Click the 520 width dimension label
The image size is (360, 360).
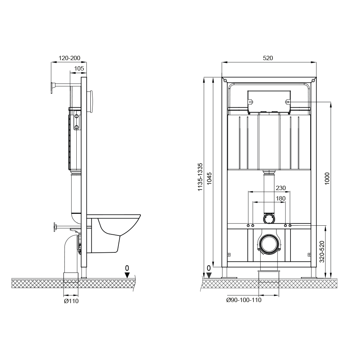pos(268,58)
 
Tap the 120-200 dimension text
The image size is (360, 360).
pos(69,58)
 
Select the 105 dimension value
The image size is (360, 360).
pos(79,68)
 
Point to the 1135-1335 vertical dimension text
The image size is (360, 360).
pos(201,177)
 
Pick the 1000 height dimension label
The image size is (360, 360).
pos(327,179)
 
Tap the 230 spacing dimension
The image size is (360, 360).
pos(280,188)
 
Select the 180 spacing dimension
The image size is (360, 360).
pos(280,198)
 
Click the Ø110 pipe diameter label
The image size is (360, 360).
pos(71,301)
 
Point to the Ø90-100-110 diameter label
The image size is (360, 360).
pos(244,300)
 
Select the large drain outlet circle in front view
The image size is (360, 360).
pos(269,244)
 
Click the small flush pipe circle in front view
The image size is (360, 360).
pos(269,218)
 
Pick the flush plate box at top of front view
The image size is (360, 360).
pos(269,101)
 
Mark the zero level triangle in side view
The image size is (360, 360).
pos(127,275)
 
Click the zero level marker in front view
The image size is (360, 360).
pos(209,275)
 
